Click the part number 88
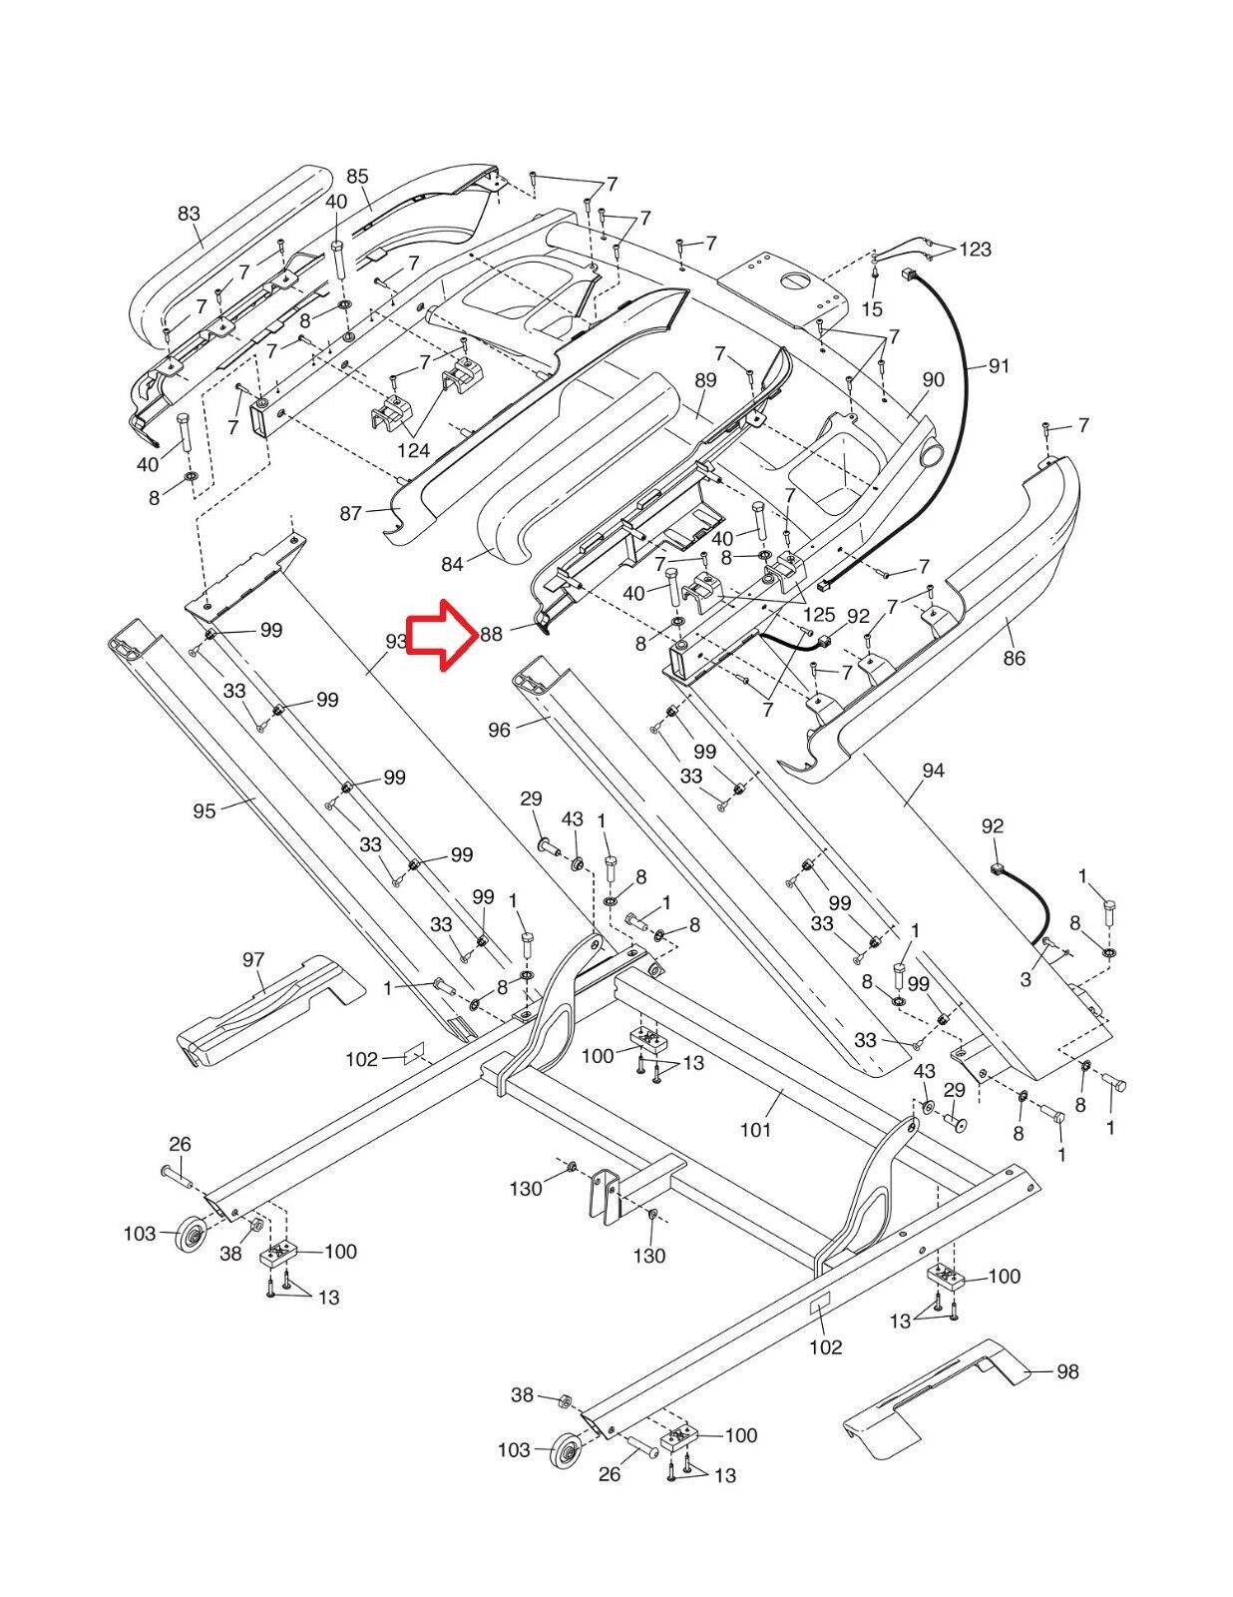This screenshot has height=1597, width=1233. click(491, 634)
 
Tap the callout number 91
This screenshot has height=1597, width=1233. click(999, 366)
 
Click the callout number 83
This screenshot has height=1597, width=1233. click(189, 214)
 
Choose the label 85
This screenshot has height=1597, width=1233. click(357, 177)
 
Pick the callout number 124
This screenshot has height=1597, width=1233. click(413, 450)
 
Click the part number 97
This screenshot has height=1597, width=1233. click(253, 959)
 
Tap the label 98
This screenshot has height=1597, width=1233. click(1067, 1372)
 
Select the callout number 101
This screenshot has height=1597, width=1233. click(755, 1130)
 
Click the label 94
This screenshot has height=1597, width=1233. click(933, 771)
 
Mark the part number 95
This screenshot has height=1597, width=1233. click(204, 810)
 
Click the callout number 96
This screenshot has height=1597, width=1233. click(499, 730)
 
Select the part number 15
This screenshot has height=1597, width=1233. click(872, 309)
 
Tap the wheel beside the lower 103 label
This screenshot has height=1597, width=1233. click(566, 1450)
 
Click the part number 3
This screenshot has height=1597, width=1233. click(1026, 980)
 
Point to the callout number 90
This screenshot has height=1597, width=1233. click(933, 379)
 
